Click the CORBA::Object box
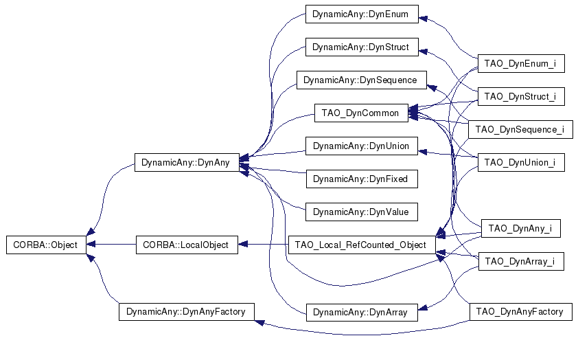[46, 245]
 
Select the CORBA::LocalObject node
[187, 245]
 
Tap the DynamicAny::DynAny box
[187, 163]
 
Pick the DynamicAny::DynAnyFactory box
[187, 312]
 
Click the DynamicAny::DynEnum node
[362, 14]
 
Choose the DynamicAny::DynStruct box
[362, 47]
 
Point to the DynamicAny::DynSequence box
[362, 80]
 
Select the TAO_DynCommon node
[361, 113]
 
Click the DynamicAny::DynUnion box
[362, 146]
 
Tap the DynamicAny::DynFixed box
[362, 179]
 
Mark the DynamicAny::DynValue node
[362, 212]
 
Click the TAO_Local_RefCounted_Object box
[362, 245]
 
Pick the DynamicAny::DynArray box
[362, 313]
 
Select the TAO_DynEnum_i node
[521, 63]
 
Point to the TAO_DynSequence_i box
[520, 129]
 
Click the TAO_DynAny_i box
[521, 228]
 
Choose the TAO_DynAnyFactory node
[521, 312]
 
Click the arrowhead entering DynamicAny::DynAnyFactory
[259, 323]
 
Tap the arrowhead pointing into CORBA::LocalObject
[243, 244]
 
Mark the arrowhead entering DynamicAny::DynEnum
[424, 19]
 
